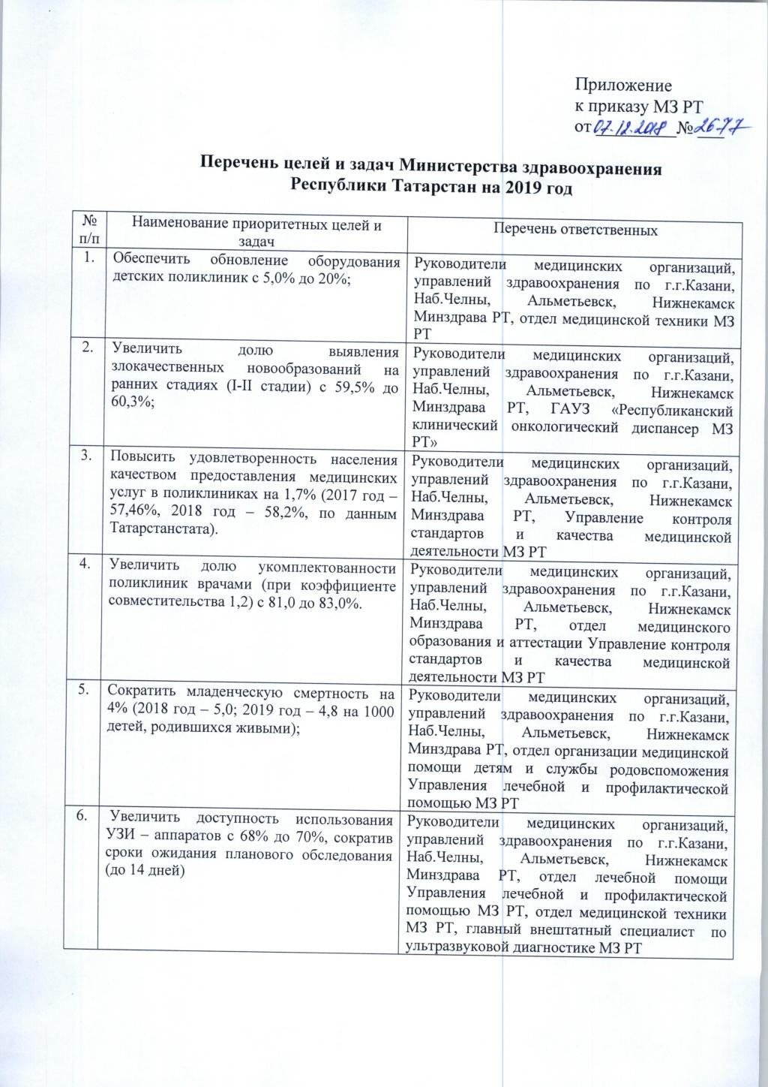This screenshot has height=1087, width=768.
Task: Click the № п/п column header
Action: (x=89, y=229)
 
